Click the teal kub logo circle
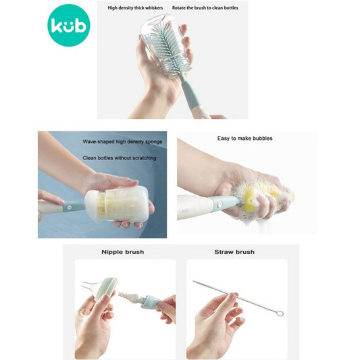tap(69, 25)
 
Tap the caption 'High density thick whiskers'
tap(135, 8)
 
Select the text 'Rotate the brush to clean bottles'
tap(205, 8)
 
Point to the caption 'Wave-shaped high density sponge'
tap(122, 142)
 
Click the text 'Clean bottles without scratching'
tap(120, 158)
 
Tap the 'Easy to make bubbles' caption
tap(245, 138)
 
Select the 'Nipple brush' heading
tap(123, 252)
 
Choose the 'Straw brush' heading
tap(234, 252)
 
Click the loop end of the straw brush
tap(280, 313)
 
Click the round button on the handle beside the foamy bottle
tap(69, 207)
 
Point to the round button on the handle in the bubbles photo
tap(220, 203)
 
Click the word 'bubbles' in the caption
tap(262, 138)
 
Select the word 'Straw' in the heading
tap(222, 252)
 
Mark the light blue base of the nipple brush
tap(151, 301)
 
